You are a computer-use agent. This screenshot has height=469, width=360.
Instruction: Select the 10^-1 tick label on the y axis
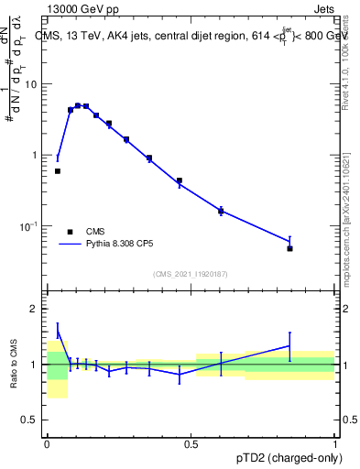[x=30, y=226]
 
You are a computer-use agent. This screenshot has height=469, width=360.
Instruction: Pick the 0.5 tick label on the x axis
[x=191, y=443]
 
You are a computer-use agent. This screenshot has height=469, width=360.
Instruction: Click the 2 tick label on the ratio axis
[x=34, y=309]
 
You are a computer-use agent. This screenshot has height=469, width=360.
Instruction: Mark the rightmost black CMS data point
[x=289, y=248]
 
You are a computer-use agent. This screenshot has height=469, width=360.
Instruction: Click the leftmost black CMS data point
[x=58, y=171]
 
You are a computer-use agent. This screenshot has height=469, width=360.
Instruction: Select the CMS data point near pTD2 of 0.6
[x=221, y=212]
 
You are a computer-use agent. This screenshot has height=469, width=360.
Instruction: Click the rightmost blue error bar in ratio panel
[x=289, y=346]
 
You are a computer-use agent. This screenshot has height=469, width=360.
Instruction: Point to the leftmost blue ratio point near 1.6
[x=58, y=331]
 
